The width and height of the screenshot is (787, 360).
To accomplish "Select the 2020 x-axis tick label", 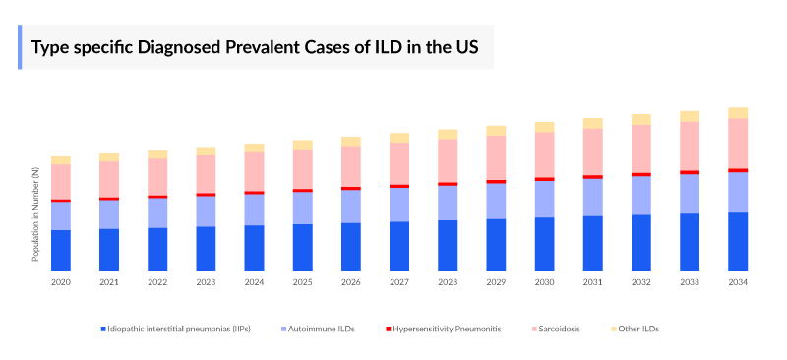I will [61, 282].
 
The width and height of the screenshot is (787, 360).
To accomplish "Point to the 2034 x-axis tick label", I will [738, 282].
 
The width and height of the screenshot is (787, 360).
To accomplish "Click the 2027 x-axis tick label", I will [398, 282].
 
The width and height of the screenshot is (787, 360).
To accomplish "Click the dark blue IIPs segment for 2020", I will [61, 250].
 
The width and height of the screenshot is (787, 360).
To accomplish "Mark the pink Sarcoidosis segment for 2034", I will [738, 144].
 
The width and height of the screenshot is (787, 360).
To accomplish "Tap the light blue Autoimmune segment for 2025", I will [302, 208].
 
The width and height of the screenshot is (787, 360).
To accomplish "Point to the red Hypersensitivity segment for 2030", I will [544, 179].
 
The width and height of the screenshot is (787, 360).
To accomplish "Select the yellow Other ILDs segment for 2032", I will [641, 119].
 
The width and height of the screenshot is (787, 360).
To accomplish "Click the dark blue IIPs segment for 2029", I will [496, 244].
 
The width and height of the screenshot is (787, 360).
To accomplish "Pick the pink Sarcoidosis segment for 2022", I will [157, 176].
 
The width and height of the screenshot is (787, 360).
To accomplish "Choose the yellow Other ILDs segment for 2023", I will [206, 150].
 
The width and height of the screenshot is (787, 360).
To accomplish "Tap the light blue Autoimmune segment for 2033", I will [690, 194].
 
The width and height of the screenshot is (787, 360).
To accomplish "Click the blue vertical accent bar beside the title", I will [20, 47].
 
